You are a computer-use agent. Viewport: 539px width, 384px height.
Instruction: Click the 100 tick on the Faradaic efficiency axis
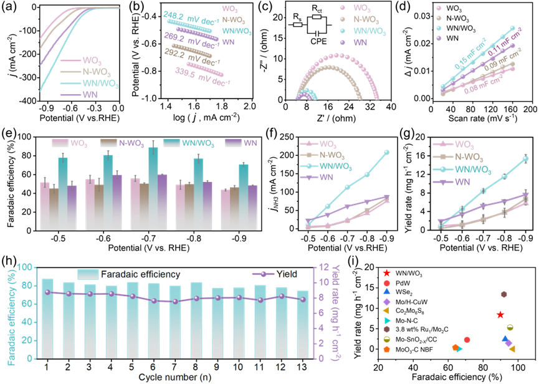24,267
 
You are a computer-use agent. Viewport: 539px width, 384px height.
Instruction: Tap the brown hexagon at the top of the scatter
503,294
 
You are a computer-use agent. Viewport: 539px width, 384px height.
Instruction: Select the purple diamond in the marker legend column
387,301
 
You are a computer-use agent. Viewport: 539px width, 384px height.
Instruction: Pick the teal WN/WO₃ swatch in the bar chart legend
172,143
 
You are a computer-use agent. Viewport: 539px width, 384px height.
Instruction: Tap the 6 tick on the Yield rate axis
323,313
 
